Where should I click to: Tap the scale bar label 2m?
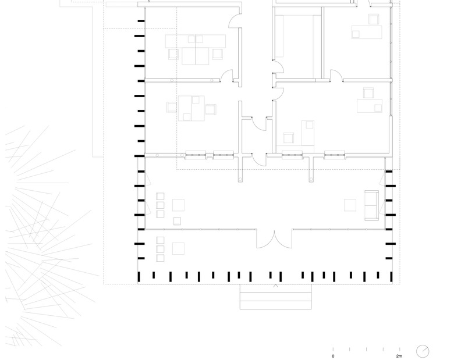(399, 357)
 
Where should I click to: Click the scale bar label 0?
(333, 357)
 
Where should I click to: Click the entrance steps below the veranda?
(276, 297)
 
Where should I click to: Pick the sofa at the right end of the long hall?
(371, 205)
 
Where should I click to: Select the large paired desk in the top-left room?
(196, 49)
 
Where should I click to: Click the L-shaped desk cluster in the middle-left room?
(191, 108)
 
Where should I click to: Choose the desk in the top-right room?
(367, 32)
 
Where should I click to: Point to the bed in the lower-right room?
(308, 133)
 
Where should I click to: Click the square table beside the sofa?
(350, 205)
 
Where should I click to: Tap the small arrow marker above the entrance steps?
(276, 286)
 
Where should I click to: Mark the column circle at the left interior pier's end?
(240, 180)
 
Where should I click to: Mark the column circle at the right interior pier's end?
(311, 180)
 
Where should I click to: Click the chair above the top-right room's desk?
(374, 19)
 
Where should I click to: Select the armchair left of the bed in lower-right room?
(289, 138)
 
